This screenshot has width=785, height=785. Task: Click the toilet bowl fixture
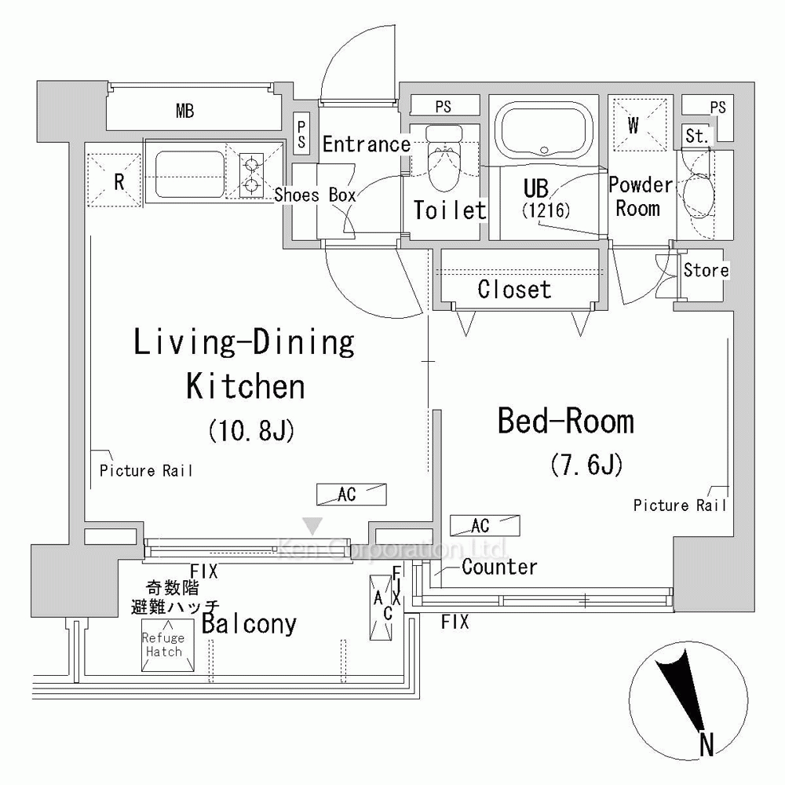[445, 157]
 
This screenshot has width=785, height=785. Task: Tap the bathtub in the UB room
[545, 130]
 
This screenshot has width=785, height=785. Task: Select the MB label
[184, 111]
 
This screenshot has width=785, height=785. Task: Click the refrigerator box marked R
[115, 181]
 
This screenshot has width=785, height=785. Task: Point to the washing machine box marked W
[641, 125]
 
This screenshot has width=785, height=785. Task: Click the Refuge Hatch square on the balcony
[168, 644]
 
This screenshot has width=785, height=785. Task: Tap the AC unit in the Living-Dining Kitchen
[352, 495]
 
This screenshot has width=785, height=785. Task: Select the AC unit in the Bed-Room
[484, 526]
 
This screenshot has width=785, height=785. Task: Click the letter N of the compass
[706, 744]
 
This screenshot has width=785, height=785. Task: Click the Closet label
[514, 290]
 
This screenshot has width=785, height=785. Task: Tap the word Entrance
[367, 144]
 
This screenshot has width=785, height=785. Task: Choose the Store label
[706, 270]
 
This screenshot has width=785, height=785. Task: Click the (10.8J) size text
[251, 430]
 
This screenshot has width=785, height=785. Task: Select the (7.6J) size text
[586, 464]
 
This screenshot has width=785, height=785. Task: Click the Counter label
[499, 568]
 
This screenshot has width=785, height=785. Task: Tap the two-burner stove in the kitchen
[251, 175]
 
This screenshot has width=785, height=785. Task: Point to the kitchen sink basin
[190, 175]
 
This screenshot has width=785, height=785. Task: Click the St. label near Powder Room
[697, 136]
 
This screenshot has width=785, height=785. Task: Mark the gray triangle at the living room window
[313, 526]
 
